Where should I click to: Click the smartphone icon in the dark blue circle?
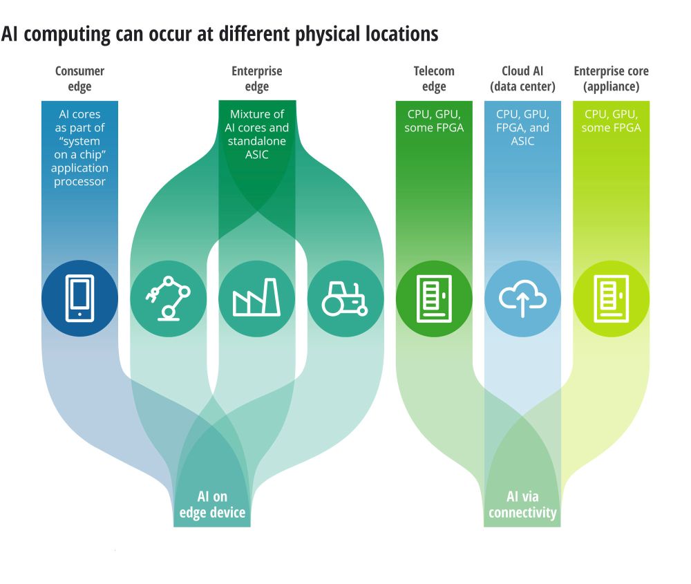coord(79,299)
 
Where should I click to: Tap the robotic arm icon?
coord(168,299)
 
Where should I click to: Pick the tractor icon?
coord(345,299)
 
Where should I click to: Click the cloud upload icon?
coord(522,299)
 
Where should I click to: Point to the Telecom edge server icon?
coord(434,299)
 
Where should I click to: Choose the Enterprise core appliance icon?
coord(611,299)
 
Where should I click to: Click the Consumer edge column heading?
coord(79,79)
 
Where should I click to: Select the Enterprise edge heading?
coord(256,79)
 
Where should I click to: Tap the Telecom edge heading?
coord(434,79)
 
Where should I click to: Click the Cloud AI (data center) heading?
coord(522,79)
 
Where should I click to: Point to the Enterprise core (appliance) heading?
coord(611,79)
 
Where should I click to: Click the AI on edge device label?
coord(212,505)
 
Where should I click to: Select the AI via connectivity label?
coord(522,505)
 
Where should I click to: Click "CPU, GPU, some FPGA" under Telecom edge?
coord(434,121)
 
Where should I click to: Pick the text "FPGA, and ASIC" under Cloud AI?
coord(522,135)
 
